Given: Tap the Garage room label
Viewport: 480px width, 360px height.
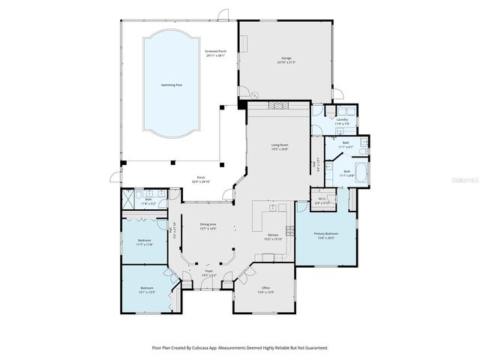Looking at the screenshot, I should point(286,58).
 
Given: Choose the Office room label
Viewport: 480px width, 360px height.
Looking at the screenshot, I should point(265,288).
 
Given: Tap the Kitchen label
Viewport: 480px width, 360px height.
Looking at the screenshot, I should point(274,235).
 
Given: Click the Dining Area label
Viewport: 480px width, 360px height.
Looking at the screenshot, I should point(208,224).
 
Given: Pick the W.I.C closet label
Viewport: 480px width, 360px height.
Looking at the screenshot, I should point(319,200).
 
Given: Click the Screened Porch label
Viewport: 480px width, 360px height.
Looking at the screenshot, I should point(217,52).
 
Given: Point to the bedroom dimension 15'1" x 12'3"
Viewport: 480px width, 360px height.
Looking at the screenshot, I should point(147,292).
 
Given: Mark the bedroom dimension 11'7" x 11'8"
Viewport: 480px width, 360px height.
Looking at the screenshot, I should point(145,244).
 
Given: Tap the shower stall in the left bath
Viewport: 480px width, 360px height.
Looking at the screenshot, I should point(131,201).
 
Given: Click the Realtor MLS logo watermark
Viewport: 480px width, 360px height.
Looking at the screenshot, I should point(463,181).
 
